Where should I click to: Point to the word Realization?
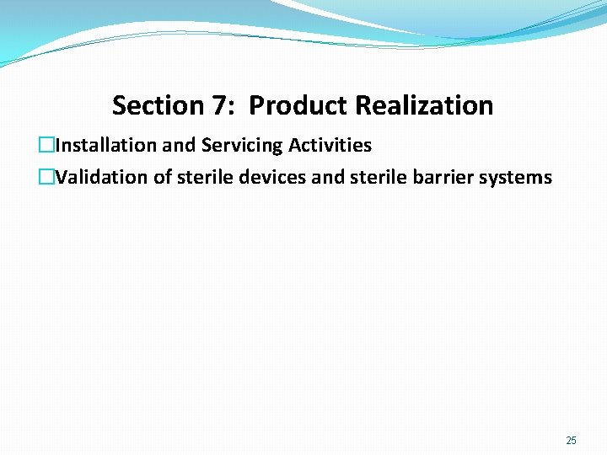coord(424,106)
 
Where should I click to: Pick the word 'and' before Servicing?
coord(179,146)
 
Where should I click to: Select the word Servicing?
coord(241,146)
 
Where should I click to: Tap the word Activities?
coord(330,146)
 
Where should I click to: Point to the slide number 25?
coord(572,441)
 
